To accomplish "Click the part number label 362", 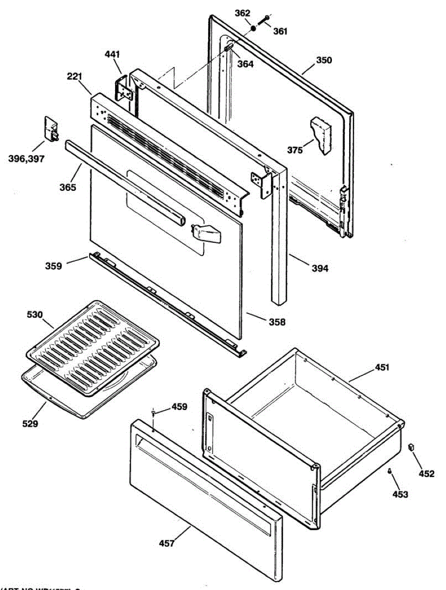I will point(242,13).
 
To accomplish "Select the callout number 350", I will point(324,61).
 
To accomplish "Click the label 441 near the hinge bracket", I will point(112,54).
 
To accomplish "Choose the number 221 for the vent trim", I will point(75,77).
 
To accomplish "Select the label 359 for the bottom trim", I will point(54,266).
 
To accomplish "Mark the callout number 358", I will point(277,323).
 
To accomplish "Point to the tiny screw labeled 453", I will point(389,471).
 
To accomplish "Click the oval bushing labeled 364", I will point(229,48).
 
